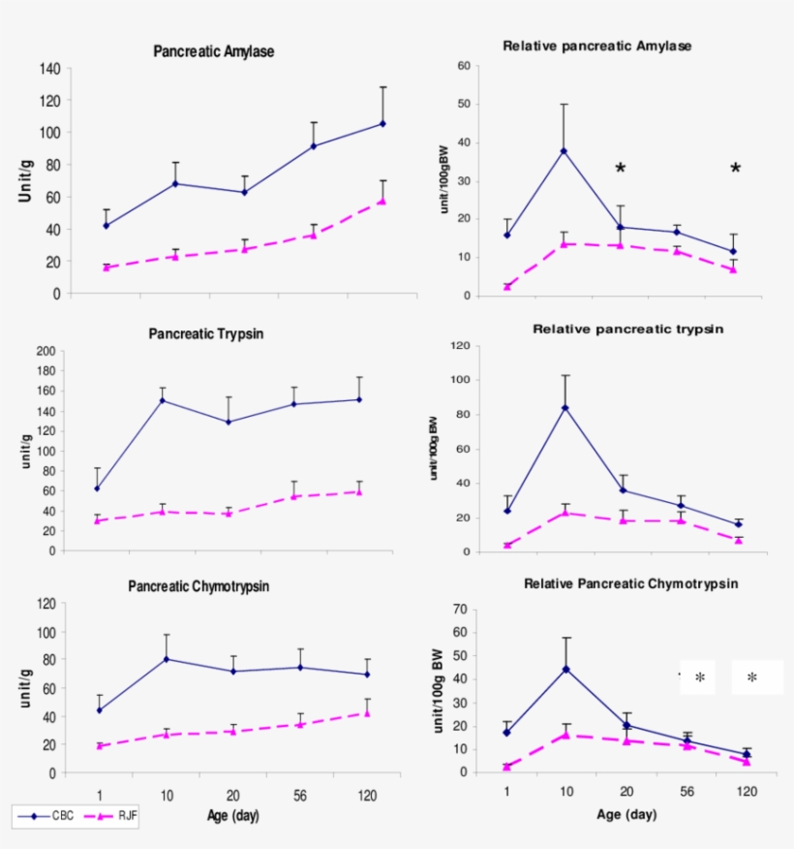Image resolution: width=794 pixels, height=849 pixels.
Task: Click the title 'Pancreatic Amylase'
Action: (x=213, y=51)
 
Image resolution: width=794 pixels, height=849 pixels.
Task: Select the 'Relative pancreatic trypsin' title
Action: (x=627, y=330)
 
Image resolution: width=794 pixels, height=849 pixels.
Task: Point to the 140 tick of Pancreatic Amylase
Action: (x=50, y=69)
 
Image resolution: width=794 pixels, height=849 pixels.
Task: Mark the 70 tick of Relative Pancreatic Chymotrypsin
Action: (x=463, y=610)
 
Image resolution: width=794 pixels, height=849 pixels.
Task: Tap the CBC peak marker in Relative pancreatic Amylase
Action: (x=564, y=151)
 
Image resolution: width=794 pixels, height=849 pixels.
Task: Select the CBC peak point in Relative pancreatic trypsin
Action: (x=565, y=407)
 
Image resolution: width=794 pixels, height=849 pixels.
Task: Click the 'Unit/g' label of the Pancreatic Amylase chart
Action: (x=26, y=180)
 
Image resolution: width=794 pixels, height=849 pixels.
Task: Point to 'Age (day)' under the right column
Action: (x=626, y=815)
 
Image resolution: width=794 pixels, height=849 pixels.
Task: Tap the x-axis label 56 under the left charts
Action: (x=299, y=796)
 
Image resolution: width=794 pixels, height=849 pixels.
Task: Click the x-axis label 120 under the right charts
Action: (x=747, y=792)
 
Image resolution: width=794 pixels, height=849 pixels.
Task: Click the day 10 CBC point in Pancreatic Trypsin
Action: (x=162, y=400)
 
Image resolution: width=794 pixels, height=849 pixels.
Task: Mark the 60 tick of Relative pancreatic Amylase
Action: (x=464, y=66)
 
